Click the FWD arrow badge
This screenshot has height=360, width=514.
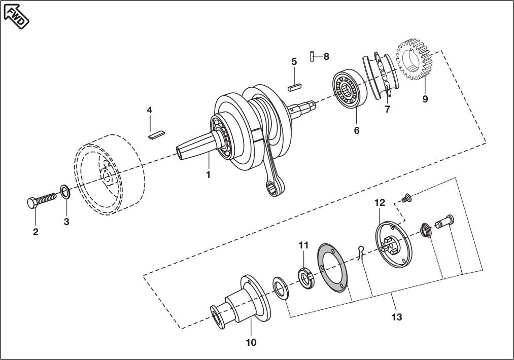16,15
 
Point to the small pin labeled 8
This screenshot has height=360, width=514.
312,56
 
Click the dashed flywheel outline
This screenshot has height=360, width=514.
109,175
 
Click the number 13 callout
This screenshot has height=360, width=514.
396,317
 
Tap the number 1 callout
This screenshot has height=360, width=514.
208,174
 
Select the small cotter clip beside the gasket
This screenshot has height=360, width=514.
361,252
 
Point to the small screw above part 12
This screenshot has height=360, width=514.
405,199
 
